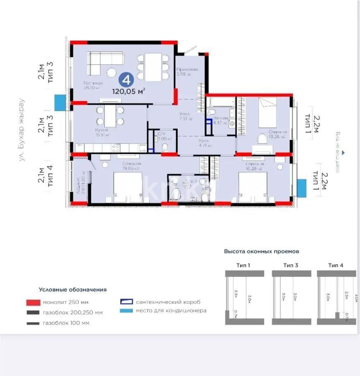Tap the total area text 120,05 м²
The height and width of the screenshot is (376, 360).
tap(129, 91)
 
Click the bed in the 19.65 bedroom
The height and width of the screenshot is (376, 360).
tap(128, 187)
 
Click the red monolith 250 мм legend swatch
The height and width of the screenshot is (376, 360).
tap(33, 302)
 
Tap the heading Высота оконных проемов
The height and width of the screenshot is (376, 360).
tap(261, 252)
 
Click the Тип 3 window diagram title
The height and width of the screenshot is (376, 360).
tap(291, 265)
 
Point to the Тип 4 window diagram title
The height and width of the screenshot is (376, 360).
tap(335, 265)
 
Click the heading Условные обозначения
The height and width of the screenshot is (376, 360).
tap(73, 289)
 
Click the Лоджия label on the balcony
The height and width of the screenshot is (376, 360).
tap(78, 184)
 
